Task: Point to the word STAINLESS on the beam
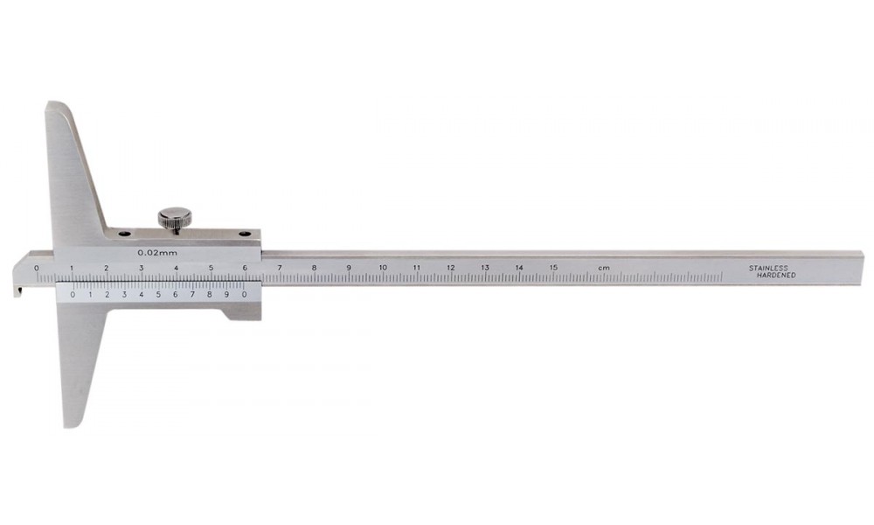[767, 268]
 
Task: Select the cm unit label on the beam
[603, 268]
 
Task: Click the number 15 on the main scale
[553, 268]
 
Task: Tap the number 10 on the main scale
[382, 268]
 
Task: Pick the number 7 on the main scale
[279, 268]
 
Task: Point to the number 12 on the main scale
[450, 268]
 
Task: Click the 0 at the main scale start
[37, 268]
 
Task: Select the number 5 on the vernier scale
[158, 295]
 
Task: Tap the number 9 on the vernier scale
[226, 295]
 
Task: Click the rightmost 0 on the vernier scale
[244, 295]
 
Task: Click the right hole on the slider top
[245, 234]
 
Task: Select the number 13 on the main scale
[484, 268]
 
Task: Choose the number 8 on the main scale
[314, 268]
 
